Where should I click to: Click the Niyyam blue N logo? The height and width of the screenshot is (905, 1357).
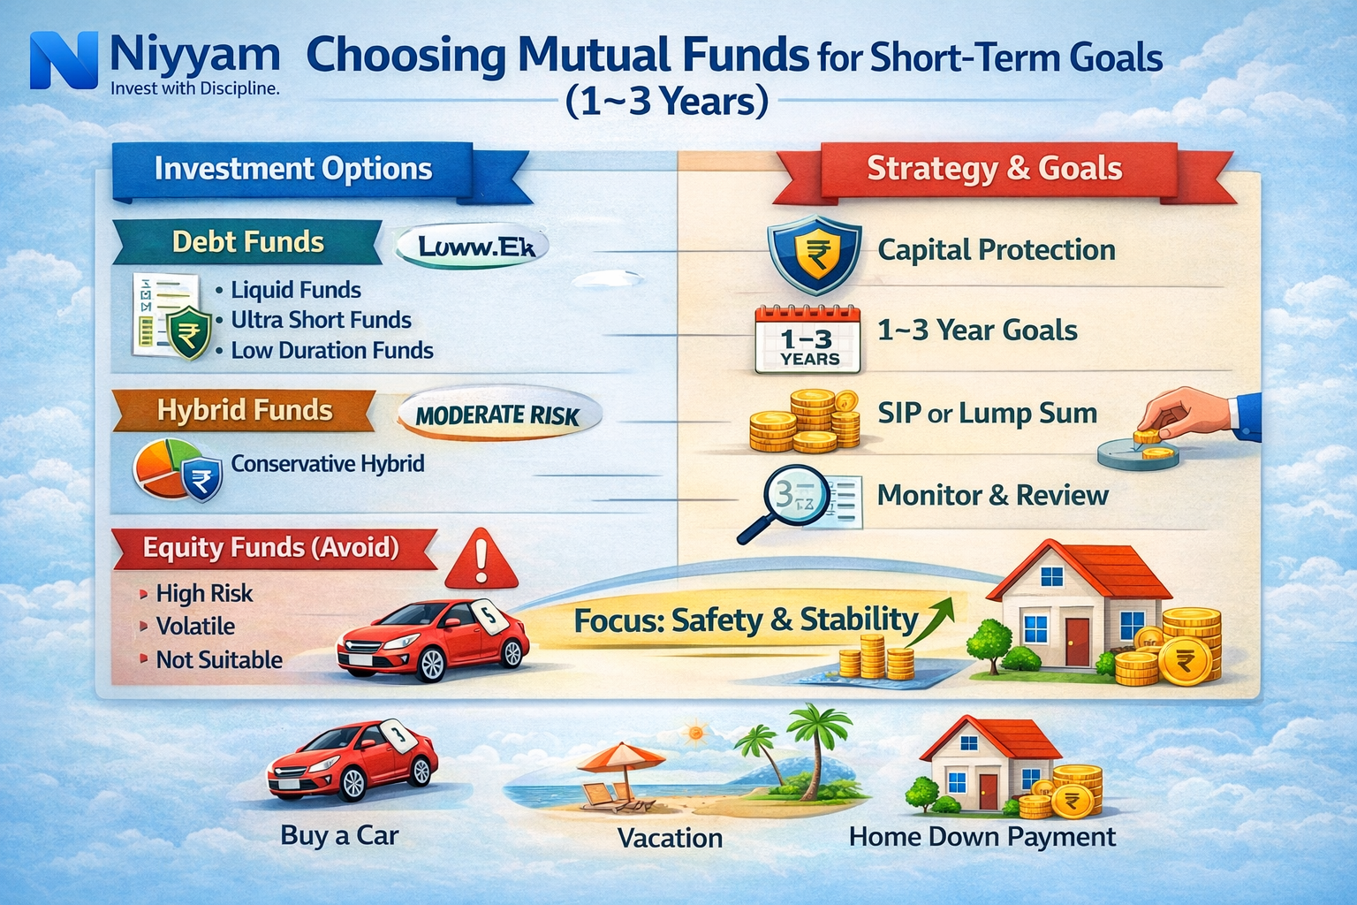tap(63, 60)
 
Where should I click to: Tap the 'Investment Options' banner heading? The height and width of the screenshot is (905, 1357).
tap(293, 168)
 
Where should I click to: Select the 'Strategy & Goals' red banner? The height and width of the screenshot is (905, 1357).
tap(994, 168)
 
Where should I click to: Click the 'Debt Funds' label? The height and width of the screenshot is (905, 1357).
tap(247, 242)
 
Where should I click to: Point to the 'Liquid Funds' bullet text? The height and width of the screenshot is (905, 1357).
tap(295, 290)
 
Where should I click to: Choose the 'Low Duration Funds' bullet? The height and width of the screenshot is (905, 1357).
tap(331, 351)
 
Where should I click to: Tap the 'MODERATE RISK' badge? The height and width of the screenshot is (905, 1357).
tap(497, 415)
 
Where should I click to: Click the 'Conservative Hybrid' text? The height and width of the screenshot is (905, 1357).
tap(327, 464)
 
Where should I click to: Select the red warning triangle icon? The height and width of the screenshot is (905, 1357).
tap(481, 560)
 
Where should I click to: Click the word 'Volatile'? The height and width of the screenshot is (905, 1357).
tap(195, 627)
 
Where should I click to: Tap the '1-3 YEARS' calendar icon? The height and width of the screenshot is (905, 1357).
tap(807, 339)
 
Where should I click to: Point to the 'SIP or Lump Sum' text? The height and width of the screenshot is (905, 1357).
tap(987, 414)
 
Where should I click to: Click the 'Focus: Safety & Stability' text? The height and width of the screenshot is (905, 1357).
tap(746, 620)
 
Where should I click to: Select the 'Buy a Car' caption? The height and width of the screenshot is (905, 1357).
tap(339, 836)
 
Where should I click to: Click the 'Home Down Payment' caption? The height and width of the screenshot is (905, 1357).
tap(982, 837)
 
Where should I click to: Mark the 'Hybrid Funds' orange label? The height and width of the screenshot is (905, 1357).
tap(245, 411)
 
